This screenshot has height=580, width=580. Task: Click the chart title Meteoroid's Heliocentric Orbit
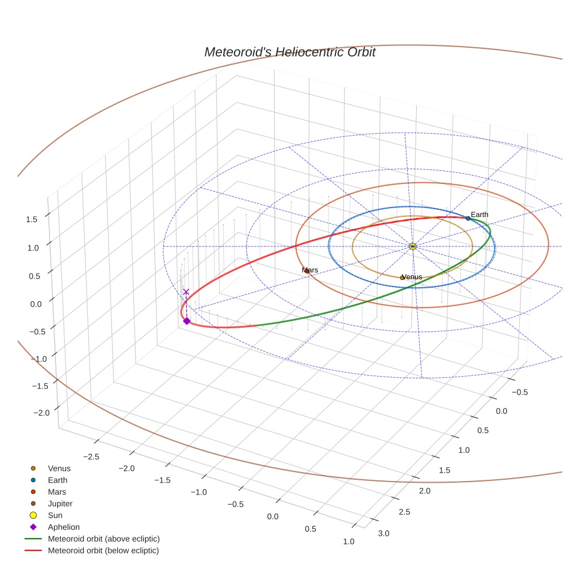[x=289, y=52]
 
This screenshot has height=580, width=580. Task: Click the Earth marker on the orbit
[x=468, y=218]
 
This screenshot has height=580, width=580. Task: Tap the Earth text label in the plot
[x=479, y=215]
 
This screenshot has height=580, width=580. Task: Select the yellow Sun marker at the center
[x=413, y=246]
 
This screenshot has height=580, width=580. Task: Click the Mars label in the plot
[x=310, y=270]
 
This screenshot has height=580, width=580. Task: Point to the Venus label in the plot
[x=412, y=276]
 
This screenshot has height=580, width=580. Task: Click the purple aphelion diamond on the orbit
[x=186, y=321]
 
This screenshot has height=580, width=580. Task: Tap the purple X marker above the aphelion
[x=186, y=292]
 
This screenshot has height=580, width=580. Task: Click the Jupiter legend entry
[x=60, y=503]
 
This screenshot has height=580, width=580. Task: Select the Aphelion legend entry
[x=64, y=527]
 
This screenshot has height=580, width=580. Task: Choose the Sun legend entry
[x=56, y=515]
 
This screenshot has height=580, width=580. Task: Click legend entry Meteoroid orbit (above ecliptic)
[x=104, y=539]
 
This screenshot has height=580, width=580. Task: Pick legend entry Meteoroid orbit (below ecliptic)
[x=103, y=551]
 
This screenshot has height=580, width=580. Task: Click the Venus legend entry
[x=59, y=468]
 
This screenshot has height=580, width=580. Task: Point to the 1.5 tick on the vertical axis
[x=31, y=219]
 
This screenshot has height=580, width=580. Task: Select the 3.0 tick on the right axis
[x=384, y=533]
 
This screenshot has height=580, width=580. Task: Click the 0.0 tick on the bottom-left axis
[x=272, y=516]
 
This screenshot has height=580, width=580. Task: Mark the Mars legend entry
[x=57, y=492]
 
